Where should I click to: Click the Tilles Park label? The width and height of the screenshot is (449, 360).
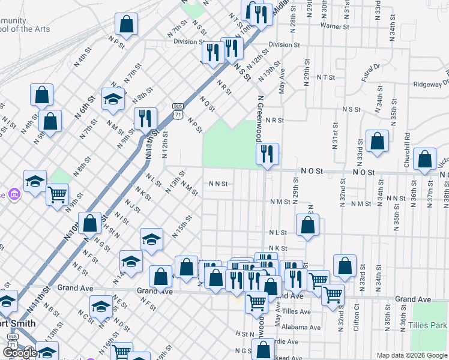(432, 325)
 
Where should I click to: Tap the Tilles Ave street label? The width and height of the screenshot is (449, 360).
(297, 311)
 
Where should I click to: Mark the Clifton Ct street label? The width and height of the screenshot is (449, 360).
(357, 317)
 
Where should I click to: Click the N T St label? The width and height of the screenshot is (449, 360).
(325, 77)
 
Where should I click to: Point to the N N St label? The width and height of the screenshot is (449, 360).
(218, 184)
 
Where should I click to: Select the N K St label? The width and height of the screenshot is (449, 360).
(278, 248)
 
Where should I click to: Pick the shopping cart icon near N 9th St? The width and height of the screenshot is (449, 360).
(57, 193)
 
